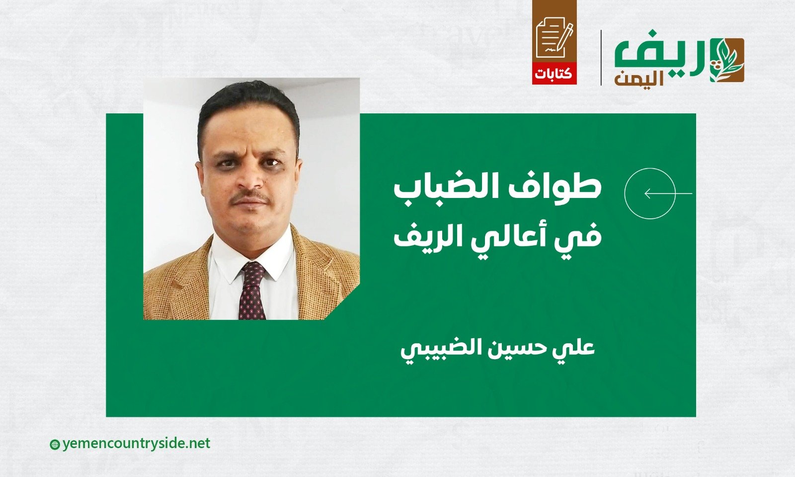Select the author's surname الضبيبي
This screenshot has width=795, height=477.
pos(451,349)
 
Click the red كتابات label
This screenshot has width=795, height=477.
pos(554,74)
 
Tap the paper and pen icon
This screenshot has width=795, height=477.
pos(555,37)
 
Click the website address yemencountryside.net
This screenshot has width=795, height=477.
pos(136,444)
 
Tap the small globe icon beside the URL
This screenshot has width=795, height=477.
pos(55,445)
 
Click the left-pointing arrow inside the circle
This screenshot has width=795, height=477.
pos(668,193)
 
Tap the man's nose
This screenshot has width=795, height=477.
pos(250,180)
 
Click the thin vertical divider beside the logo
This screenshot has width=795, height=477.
pos(601,58)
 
